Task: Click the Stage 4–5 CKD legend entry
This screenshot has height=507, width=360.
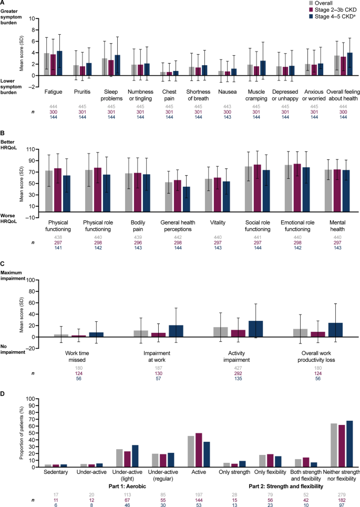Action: point(334,16)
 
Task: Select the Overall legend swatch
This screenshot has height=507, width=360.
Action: point(311,3)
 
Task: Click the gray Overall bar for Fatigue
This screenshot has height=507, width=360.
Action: point(47,64)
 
